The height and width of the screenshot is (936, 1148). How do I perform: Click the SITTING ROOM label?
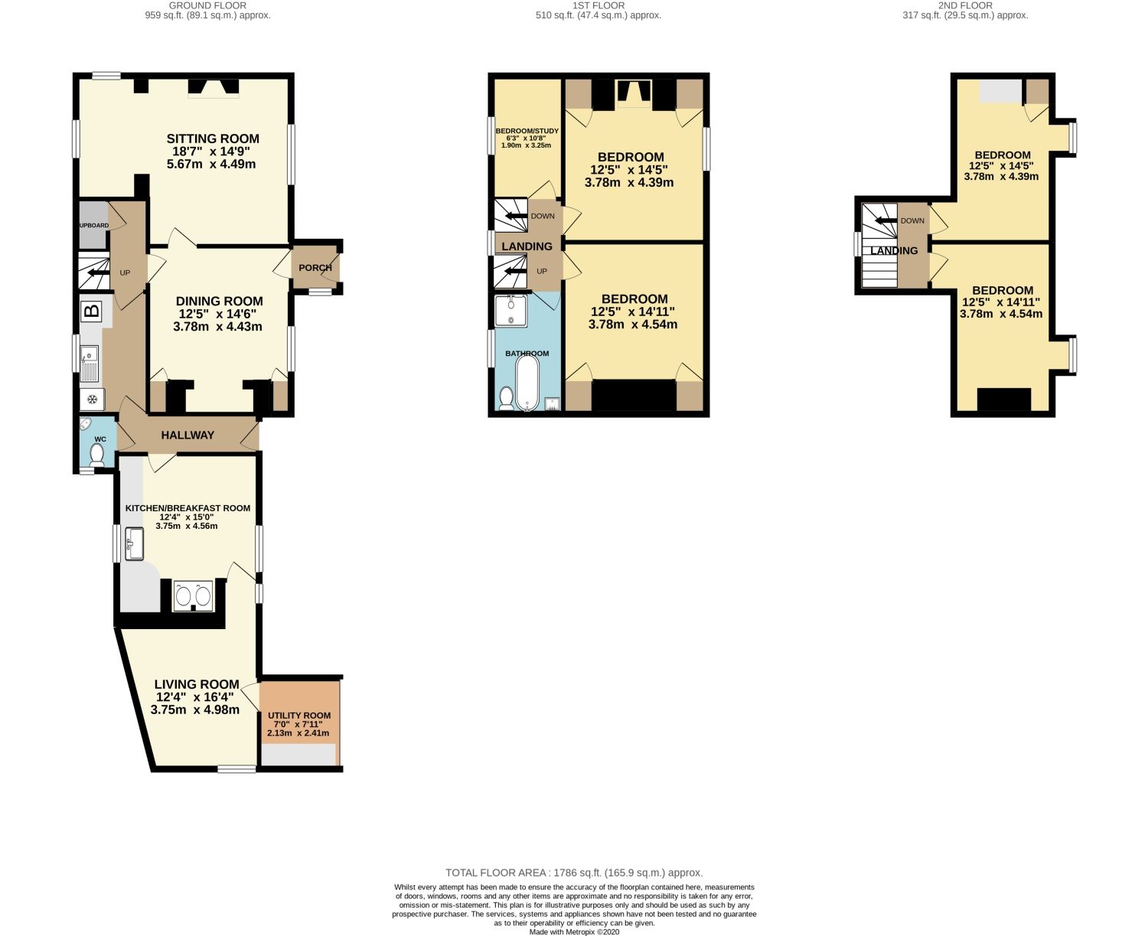[213, 139]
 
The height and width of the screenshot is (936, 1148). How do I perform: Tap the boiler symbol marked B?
[91, 311]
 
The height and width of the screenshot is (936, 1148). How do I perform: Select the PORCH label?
[315, 268]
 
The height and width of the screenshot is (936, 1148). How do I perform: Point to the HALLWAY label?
[188, 435]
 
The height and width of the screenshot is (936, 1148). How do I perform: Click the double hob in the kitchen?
[193, 595]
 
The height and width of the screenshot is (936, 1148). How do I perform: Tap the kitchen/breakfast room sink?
[134, 543]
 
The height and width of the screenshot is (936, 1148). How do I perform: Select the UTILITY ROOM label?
[299, 716]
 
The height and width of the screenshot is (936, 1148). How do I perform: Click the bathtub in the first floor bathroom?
[527, 383]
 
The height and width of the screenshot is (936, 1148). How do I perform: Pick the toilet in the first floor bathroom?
[506, 398]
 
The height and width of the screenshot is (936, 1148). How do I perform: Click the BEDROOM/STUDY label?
[527, 131]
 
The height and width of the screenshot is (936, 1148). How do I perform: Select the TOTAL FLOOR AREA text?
[574, 872]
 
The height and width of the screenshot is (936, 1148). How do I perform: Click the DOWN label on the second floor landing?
[912, 220]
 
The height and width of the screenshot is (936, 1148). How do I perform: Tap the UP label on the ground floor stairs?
[125, 272]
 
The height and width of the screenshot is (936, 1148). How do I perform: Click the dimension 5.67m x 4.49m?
[213, 164]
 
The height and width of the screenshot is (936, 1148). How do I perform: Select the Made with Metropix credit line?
[574, 931]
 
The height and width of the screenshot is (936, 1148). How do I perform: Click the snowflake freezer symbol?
[92, 399]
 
